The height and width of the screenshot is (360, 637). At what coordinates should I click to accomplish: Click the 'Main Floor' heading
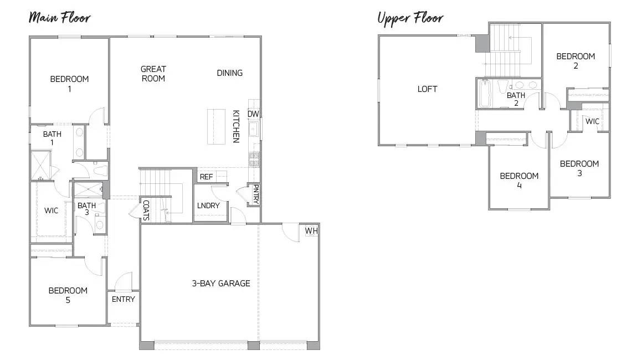point(59,17)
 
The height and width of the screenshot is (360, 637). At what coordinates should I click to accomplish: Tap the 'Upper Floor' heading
point(410,18)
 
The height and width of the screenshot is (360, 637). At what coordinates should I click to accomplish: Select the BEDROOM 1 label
point(69,84)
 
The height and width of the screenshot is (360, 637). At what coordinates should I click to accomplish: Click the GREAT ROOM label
point(153,74)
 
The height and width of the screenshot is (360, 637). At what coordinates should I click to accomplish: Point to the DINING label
point(229,73)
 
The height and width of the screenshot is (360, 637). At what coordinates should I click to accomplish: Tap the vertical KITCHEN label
point(236,126)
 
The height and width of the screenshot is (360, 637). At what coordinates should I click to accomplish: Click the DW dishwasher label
point(253,114)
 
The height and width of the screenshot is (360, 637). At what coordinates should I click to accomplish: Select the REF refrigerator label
point(206,177)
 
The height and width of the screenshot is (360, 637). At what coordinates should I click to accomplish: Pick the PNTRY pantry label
point(255,194)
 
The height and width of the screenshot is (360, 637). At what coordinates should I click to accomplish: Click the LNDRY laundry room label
point(208,205)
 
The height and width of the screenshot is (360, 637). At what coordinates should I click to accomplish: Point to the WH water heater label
point(310,231)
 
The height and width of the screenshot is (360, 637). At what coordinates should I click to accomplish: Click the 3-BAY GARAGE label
point(221,284)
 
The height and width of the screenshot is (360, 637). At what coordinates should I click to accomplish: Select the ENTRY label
point(123,300)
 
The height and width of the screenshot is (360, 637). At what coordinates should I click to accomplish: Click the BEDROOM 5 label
point(68,295)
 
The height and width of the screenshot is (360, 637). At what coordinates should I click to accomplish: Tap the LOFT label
point(427,89)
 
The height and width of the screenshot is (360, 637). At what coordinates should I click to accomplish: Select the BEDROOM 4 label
point(519,181)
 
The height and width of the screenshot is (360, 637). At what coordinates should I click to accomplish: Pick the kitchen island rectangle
point(217,126)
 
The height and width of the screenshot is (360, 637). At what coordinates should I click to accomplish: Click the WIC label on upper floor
point(592,121)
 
